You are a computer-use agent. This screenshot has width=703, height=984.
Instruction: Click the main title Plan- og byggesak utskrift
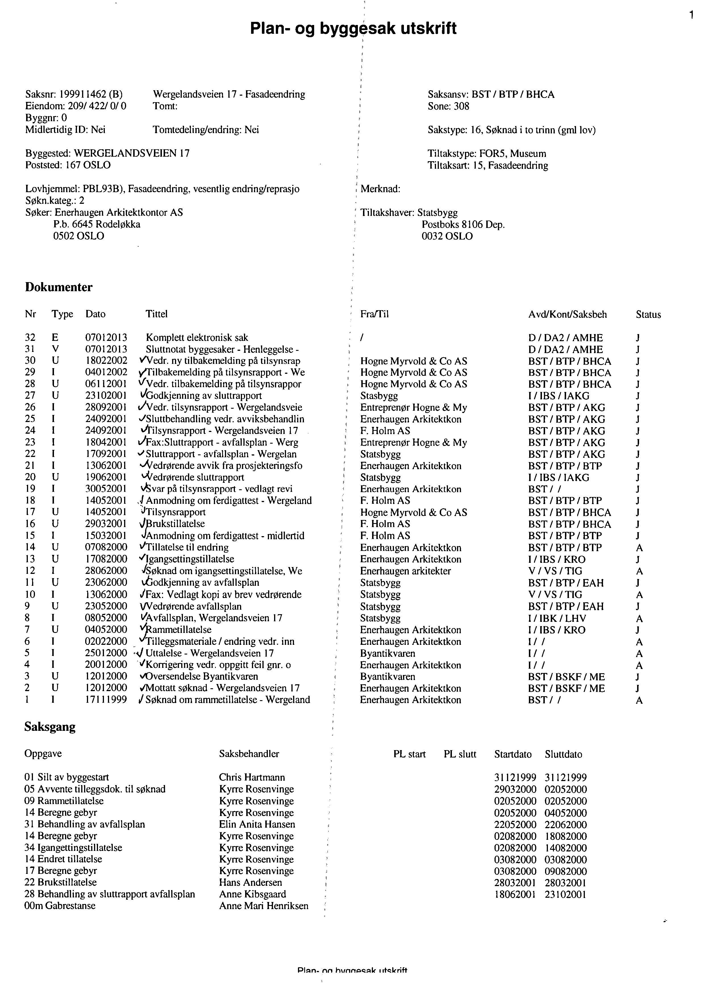point(353,29)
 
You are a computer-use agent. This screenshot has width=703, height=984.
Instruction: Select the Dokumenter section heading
point(59,287)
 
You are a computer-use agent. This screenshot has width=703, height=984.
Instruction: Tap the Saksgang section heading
point(50,727)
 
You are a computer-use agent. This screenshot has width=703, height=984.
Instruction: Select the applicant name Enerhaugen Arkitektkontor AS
point(119,212)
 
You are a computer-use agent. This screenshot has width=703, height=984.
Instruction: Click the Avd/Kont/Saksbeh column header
point(567,314)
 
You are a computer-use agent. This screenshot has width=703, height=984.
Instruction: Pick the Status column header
point(648,314)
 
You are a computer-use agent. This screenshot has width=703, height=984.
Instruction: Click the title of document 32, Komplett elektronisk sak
point(197,337)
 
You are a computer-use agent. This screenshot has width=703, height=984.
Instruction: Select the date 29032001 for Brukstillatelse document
point(106,524)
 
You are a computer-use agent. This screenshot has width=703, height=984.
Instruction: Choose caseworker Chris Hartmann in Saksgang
point(252,777)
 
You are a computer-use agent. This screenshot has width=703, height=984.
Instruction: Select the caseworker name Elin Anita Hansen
point(257,824)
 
